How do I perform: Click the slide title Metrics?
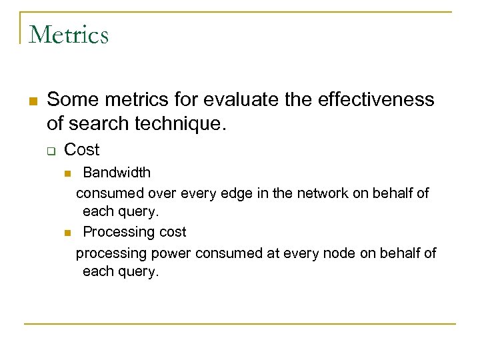pos(69,34)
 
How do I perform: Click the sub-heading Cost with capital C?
pos(81,150)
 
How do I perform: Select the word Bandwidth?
pos(117,173)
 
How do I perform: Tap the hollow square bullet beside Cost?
pos(51,151)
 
